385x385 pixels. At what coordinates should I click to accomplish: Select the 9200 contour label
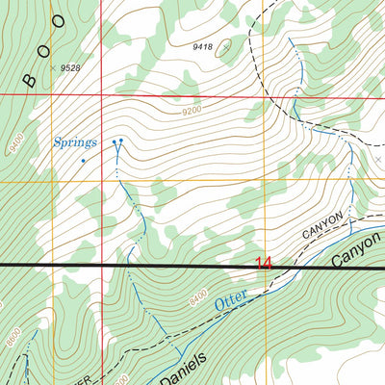coord(192,113)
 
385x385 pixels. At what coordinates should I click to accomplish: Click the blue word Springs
coord(74,142)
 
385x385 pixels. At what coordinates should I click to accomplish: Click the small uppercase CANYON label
coord(323,228)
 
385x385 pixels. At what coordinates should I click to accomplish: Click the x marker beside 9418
coord(226,45)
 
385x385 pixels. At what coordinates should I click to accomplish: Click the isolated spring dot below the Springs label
coord(84,160)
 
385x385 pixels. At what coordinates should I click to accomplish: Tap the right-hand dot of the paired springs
coord(122,142)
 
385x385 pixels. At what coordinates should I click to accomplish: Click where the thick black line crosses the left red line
coord(101,265)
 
